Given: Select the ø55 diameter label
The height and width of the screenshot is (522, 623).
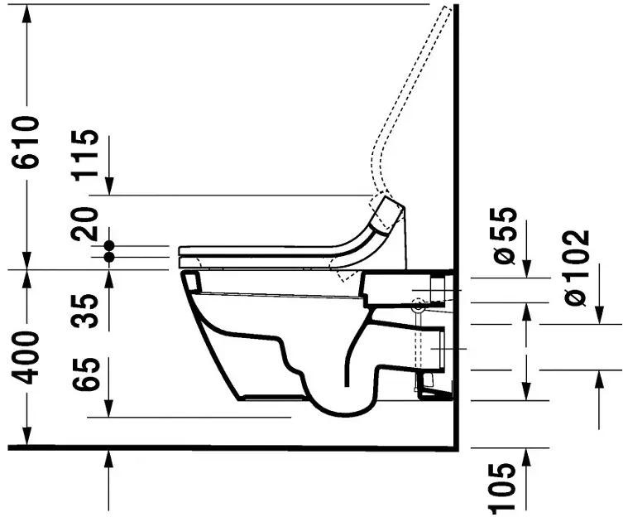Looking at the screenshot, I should coord(506,236).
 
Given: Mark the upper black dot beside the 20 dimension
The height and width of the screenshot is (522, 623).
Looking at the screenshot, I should coord(108,246).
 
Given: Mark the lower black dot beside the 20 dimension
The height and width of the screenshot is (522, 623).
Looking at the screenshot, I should coord(108,258).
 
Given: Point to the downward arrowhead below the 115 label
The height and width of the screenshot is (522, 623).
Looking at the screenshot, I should coord(108,187).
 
